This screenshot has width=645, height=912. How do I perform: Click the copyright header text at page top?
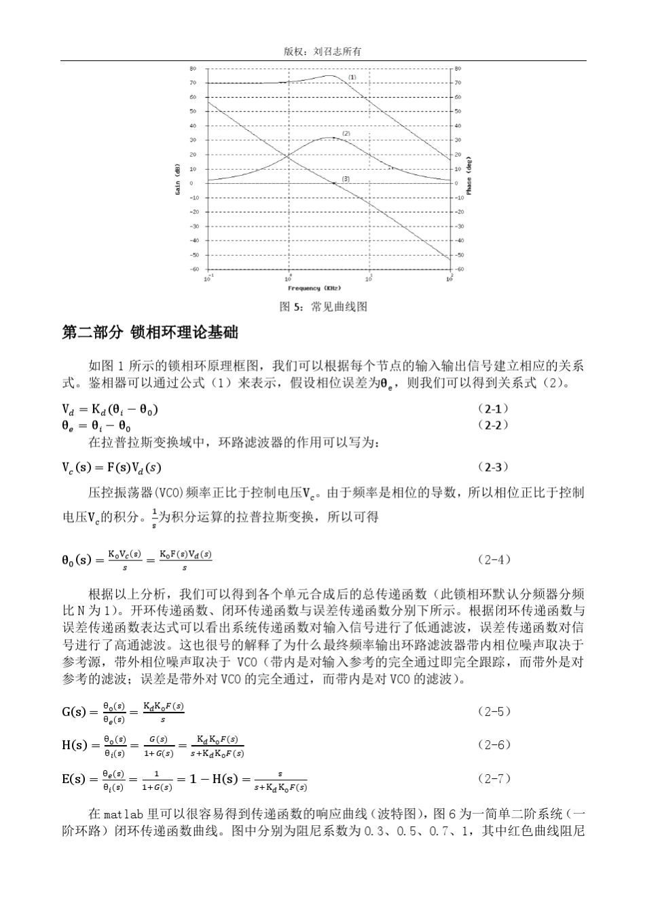point(322,52)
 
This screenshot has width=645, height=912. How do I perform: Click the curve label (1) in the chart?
point(352,77)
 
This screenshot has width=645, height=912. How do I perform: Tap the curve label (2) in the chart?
point(346,134)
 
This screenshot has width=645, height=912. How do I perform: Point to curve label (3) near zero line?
point(346,178)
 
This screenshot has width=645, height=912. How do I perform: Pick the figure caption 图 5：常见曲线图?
point(323,307)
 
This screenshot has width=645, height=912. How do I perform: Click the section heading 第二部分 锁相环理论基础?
point(150,333)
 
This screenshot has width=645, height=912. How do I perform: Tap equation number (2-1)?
point(493,409)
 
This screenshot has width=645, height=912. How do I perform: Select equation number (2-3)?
point(493,467)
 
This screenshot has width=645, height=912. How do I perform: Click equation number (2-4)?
point(494,560)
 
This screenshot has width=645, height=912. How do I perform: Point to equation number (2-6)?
point(494,744)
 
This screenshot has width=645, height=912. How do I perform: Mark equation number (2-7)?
point(494,778)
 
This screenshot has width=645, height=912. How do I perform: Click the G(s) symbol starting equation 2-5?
point(75,712)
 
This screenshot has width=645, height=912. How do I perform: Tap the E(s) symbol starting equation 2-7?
point(75,779)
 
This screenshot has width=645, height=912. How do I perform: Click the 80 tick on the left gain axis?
point(193,69)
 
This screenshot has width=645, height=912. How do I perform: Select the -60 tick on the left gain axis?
point(192,269)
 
